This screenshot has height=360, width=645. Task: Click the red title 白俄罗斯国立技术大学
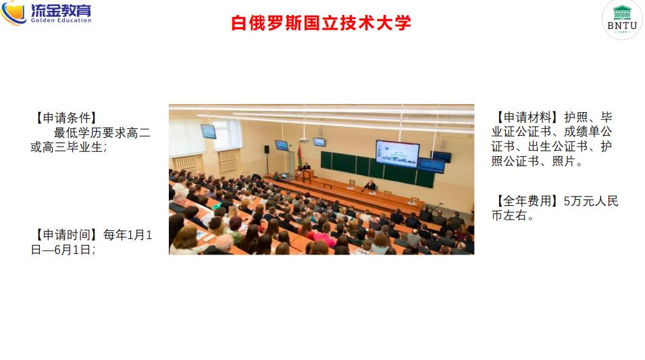coord(321,23)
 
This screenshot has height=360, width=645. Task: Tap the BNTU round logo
coord(622,20)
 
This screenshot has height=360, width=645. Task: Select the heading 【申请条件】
coord(66,118)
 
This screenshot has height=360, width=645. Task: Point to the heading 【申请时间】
coord(66,235)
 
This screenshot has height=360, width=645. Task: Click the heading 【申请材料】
coord(527,118)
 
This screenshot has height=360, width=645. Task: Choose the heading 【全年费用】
coord(527,201)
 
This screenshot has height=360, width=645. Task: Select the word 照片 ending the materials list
coord(563,161)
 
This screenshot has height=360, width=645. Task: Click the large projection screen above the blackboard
coord(397,154)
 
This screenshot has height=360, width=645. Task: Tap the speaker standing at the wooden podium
coord(306,167)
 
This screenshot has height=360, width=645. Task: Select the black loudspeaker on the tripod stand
coord(267,149)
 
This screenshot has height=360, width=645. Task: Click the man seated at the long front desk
coord(371,185)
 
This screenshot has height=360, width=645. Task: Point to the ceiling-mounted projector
coord(303,140)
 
